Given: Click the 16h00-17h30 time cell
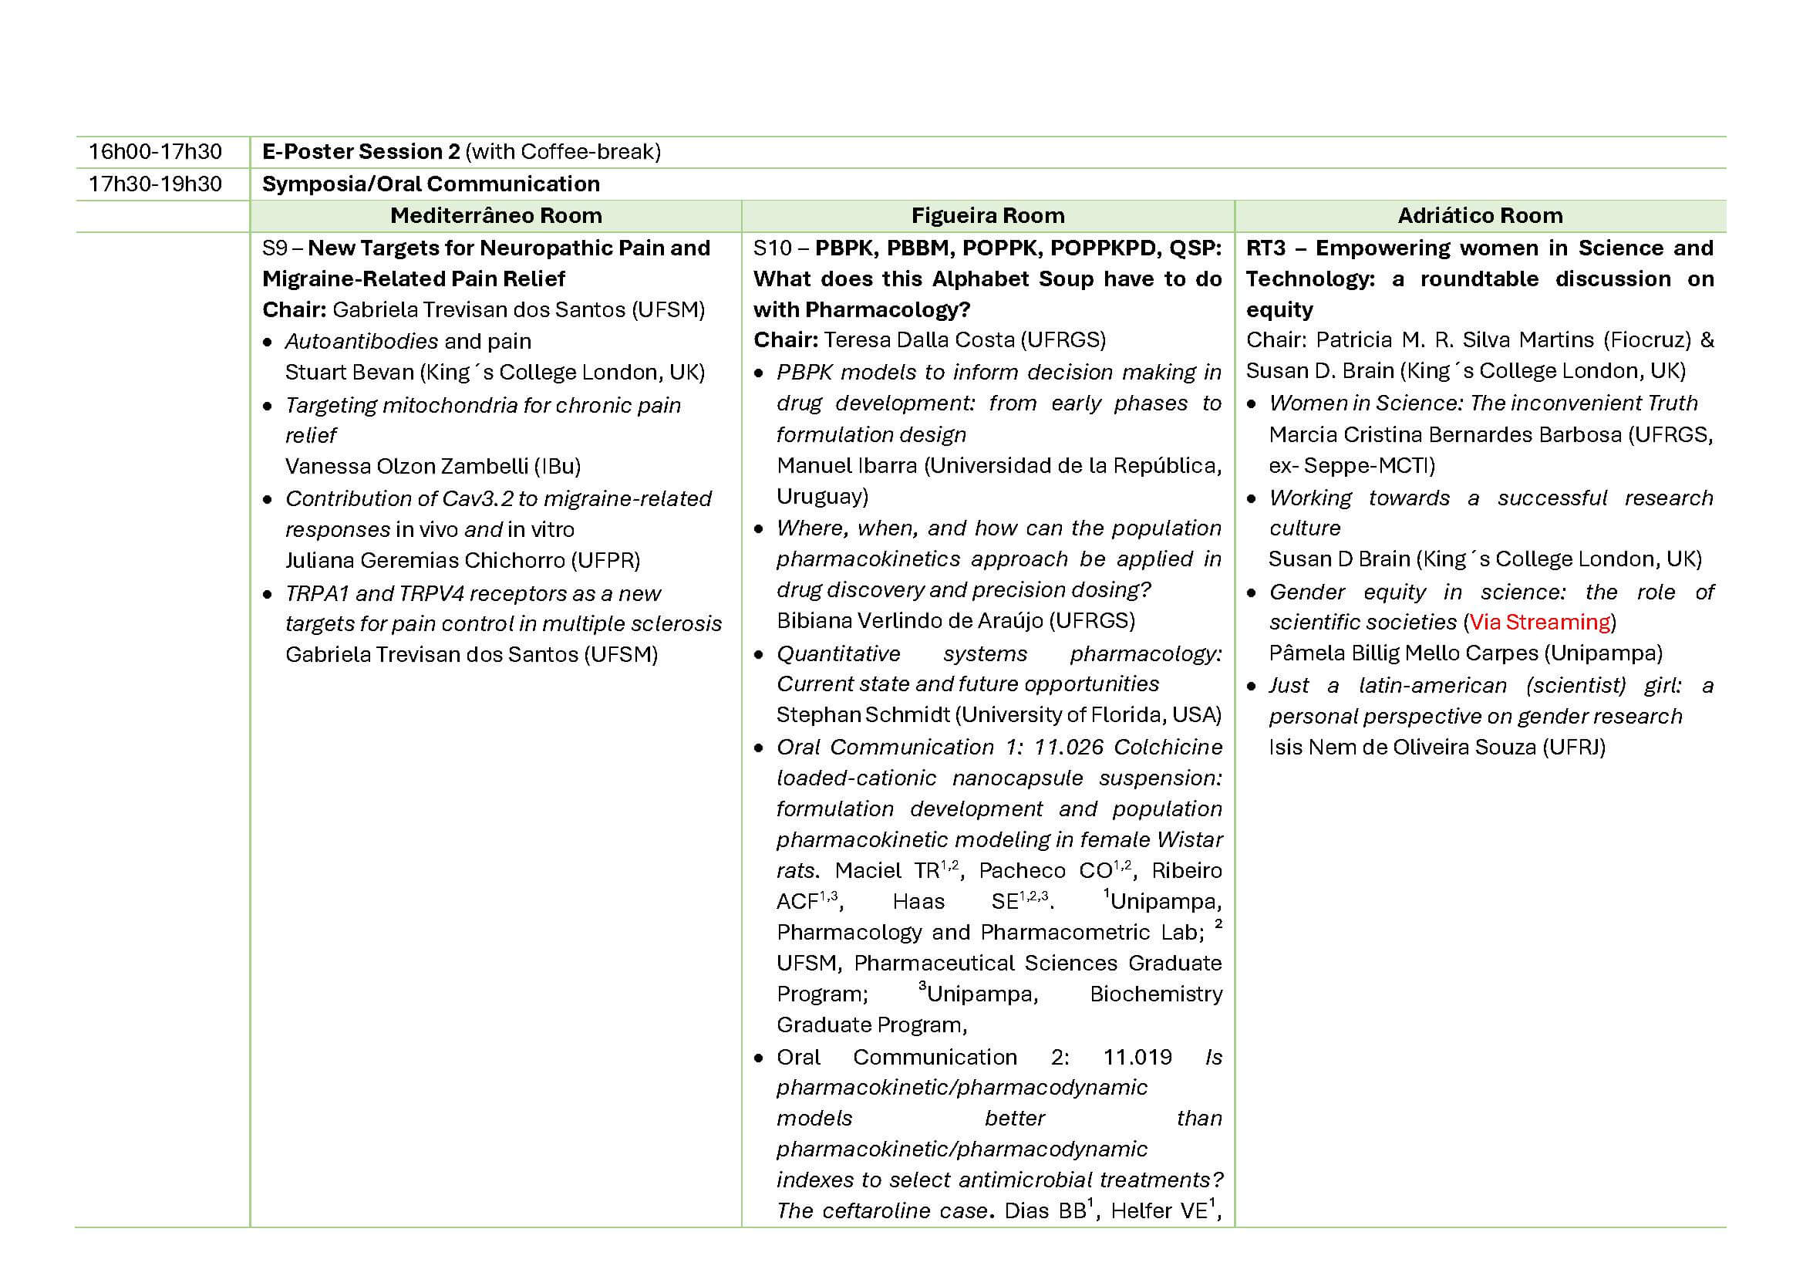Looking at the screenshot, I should (x=155, y=152).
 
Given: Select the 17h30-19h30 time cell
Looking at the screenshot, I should (x=155, y=184).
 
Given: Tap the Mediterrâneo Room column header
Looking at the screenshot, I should (x=496, y=215).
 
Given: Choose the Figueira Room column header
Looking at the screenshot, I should (x=987, y=215).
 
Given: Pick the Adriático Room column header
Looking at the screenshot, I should (x=1479, y=215).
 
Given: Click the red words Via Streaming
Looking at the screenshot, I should (x=1539, y=623).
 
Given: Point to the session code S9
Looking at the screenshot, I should (x=274, y=248).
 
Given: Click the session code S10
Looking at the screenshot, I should (x=771, y=248).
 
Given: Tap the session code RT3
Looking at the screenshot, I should (x=1265, y=248).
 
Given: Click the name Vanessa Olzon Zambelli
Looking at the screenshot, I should (x=406, y=467).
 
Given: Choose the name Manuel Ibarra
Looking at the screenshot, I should (x=846, y=466).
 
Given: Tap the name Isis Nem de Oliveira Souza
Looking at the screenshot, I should (x=1403, y=748).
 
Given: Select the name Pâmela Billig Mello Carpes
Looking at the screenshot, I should (x=1404, y=653).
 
